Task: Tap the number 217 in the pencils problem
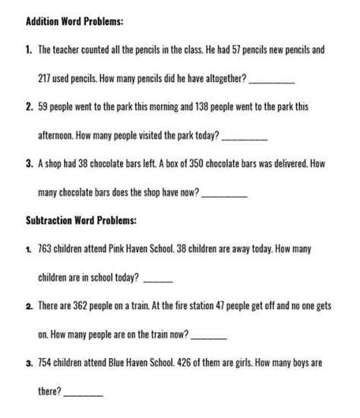click(46, 78)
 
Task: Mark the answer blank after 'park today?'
click(247, 137)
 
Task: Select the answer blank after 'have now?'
click(226, 194)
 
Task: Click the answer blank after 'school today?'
click(156, 280)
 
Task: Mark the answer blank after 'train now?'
click(210, 336)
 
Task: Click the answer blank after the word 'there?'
click(85, 392)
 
